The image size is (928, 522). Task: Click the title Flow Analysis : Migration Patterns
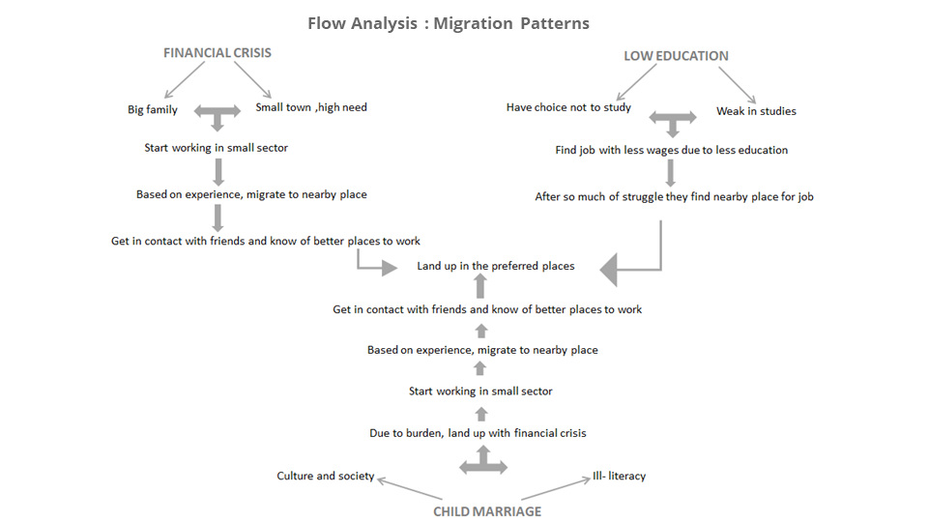449,23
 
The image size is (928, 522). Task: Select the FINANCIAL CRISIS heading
217,52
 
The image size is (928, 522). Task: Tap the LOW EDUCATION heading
676,56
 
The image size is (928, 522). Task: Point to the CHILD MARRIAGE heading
487,511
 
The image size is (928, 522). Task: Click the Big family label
153,109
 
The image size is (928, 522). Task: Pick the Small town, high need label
311,107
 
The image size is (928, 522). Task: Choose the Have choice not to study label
568,107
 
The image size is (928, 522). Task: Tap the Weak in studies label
756,110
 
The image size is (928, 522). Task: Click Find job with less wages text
671,151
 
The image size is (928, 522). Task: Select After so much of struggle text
674,196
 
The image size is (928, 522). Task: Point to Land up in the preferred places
495,266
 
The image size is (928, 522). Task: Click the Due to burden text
478,433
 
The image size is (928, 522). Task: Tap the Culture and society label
326,476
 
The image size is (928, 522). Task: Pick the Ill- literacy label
619,476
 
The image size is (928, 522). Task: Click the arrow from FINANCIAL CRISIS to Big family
185,80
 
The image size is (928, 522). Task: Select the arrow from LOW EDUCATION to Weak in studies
738,85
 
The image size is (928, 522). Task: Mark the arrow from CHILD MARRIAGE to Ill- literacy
556,488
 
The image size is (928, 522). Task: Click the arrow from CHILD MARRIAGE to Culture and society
410,488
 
